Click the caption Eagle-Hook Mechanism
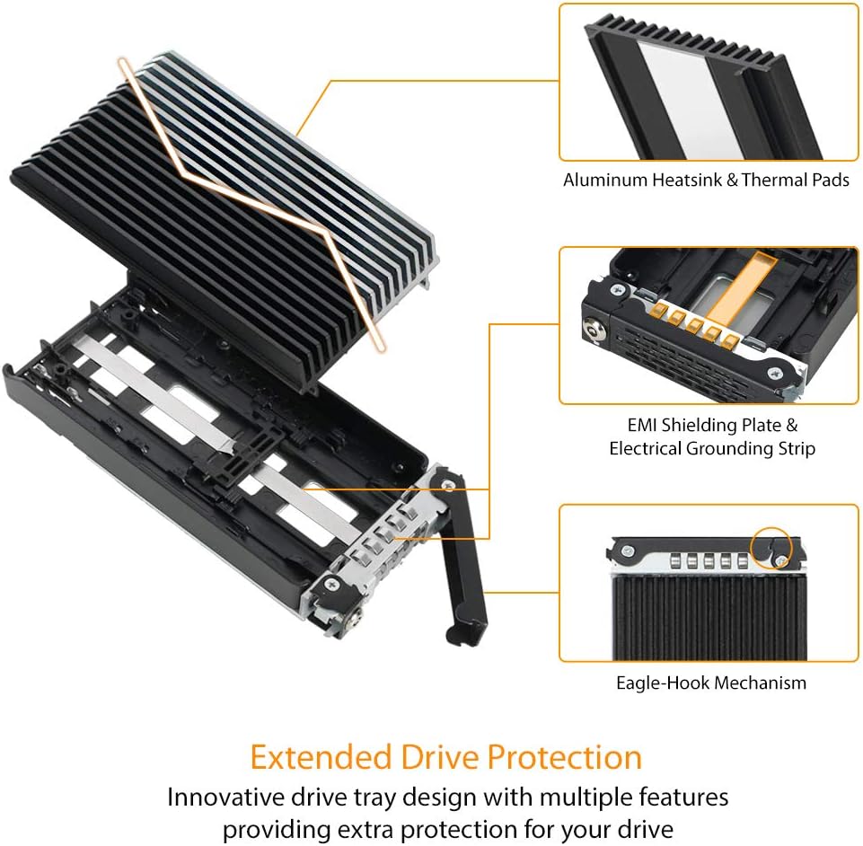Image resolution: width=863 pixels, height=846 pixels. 711,683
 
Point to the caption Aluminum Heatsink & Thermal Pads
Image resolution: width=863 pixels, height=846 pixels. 706,180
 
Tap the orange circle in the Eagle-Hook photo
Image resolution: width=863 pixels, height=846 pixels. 770,549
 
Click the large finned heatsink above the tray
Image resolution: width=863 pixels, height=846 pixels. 225,225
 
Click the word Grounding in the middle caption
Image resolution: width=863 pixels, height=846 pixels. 718,447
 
